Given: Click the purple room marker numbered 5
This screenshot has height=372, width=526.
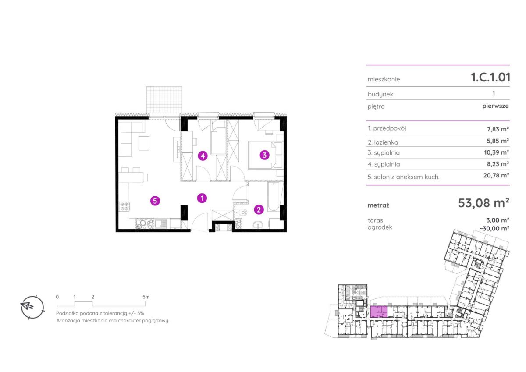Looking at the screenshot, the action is click(155, 201).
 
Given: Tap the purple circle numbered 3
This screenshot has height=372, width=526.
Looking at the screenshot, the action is click(265, 155).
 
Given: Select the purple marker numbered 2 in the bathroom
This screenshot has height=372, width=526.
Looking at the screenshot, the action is click(259, 209).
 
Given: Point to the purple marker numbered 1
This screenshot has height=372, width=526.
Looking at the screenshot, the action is click(202, 198).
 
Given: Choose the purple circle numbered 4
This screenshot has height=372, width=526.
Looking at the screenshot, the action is click(203, 156).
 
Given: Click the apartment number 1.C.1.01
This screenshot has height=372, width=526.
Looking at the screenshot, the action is click(490, 77).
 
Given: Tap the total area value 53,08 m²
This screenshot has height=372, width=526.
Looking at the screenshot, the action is click(483, 203).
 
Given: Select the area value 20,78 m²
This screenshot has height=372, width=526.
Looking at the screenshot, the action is click(496, 175).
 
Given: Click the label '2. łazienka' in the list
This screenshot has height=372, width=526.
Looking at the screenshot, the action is click(383, 142).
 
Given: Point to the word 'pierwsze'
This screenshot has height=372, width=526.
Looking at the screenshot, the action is click(495, 106).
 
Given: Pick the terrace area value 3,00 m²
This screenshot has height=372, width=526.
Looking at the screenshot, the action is click(498, 220).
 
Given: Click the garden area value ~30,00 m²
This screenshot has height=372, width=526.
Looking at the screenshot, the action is click(494, 228).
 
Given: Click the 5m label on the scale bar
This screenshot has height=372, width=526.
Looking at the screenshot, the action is click(146, 297).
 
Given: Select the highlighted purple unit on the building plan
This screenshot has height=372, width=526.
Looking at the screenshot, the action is click(379, 312).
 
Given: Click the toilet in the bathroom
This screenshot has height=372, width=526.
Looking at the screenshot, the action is click(242, 213).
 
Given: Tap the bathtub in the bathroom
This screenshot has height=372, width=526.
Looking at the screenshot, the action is click(274, 197).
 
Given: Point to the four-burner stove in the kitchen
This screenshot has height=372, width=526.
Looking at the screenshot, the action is click(124, 206).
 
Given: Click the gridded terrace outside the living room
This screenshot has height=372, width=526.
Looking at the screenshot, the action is click(164, 100).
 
